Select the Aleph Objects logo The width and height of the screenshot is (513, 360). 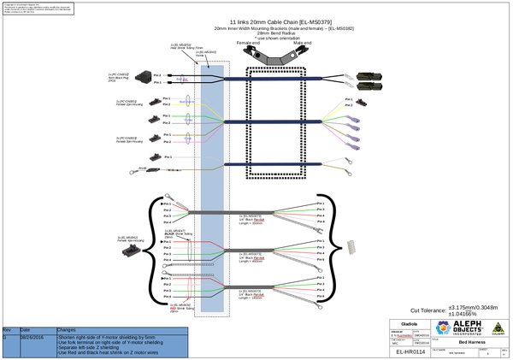click(461, 327)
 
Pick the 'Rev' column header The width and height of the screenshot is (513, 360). click(7, 329)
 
